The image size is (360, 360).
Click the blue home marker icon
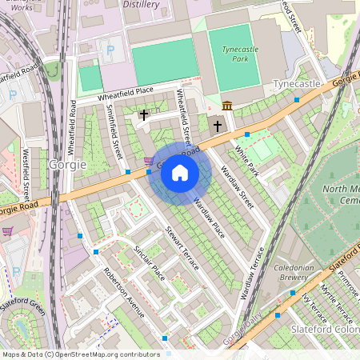click(x=180, y=173)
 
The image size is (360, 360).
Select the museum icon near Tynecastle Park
click(x=227, y=106)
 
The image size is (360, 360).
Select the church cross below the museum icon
click(x=217, y=126)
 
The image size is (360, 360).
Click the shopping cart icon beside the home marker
click(x=149, y=160)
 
